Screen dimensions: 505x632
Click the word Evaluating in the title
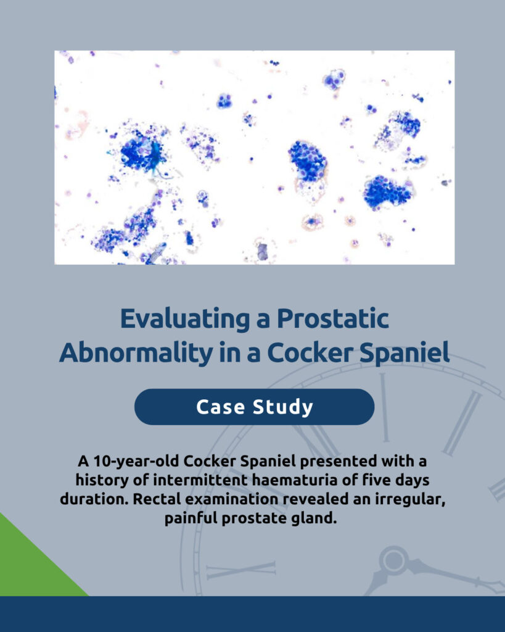pos(185,319)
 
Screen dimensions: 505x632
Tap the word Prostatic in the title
pos(332,318)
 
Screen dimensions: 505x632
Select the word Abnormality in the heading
pos(136,352)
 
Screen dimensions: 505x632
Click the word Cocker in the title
pos(310,352)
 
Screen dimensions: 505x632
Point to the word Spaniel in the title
pos(404,353)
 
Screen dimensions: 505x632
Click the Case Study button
pos(254,407)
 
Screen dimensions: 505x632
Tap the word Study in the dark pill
pos(282,407)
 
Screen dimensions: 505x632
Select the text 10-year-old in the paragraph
pos(136,460)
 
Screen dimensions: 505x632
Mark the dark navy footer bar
pos(253,614)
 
